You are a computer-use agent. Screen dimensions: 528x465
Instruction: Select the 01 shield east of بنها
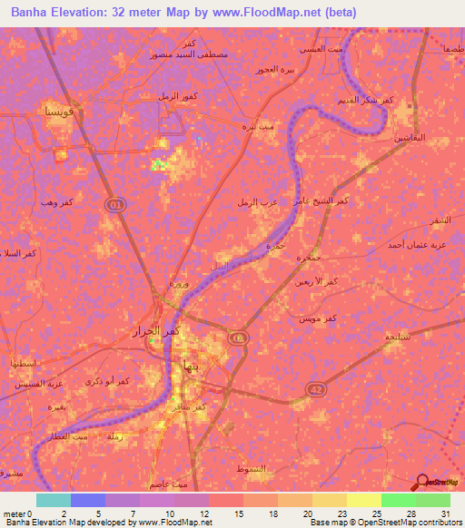[237, 337]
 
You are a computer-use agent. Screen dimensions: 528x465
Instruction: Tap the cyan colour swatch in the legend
[53, 500]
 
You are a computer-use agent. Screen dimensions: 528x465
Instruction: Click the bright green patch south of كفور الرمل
[159, 164]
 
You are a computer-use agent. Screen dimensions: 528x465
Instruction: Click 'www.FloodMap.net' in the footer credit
[177, 523]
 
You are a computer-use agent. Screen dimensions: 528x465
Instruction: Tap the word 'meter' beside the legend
[13, 513]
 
